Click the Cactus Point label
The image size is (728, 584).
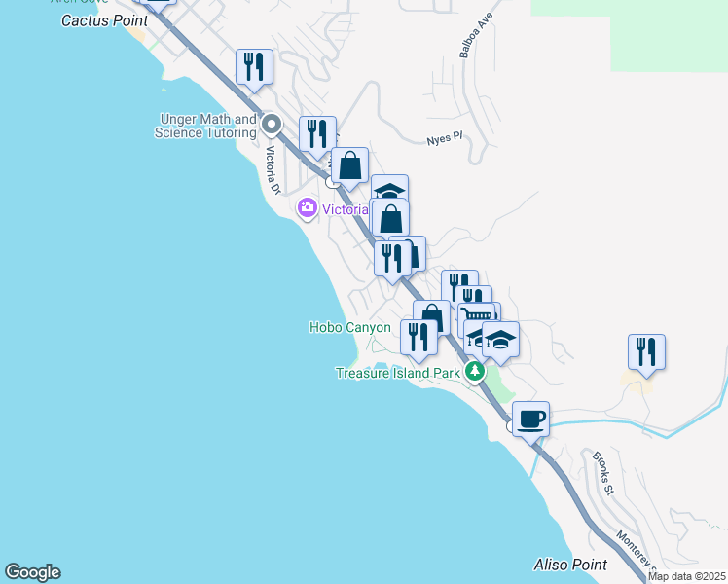(104, 20)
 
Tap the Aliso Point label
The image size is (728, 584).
(570, 565)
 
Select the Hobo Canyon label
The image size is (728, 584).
(349, 328)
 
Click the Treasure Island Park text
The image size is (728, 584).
(398, 373)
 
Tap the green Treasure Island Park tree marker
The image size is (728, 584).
(475, 371)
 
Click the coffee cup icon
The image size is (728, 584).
(530, 420)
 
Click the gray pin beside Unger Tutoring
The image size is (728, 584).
(272, 125)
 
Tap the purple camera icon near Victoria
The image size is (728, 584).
(308, 207)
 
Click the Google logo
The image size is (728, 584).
(32, 572)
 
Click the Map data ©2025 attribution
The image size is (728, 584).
(686, 576)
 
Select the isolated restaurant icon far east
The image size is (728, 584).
(646, 351)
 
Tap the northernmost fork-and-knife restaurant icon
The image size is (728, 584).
(254, 66)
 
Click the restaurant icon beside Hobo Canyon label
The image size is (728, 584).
(419, 337)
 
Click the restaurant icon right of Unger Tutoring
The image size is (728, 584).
(317, 133)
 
